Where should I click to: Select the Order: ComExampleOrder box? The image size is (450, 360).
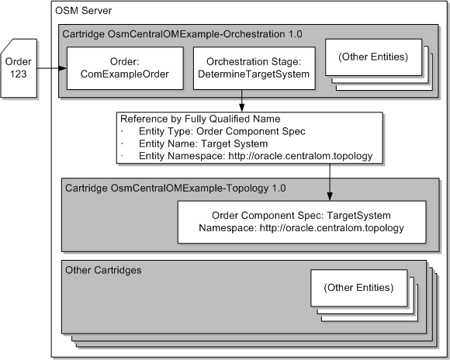point(125,68)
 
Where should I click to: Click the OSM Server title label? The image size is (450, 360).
point(83,12)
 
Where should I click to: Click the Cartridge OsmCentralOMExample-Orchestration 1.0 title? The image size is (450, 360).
point(182,34)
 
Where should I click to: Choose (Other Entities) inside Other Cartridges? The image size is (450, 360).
point(358,288)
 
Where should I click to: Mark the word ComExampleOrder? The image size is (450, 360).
point(125,74)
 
